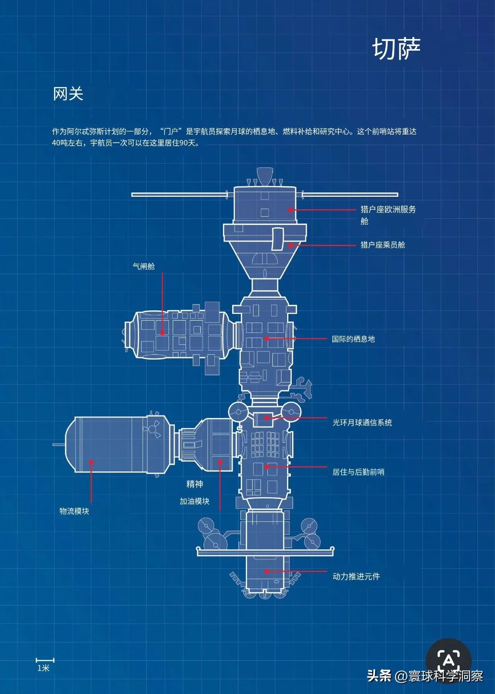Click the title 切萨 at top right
click(x=396, y=49)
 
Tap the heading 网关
click(x=68, y=94)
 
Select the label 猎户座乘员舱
click(x=383, y=245)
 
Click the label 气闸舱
click(x=144, y=266)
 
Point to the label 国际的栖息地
click(x=353, y=339)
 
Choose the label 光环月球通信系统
click(x=362, y=423)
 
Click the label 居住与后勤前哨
click(x=358, y=472)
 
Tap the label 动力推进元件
click(x=356, y=576)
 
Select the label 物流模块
click(x=74, y=511)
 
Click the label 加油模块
click(x=194, y=501)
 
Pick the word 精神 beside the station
click(x=195, y=484)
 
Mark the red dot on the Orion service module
click(x=290, y=210)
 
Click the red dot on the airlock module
click(x=163, y=333)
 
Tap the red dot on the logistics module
click(x=92, y=462)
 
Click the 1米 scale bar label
click(x=44, y=668)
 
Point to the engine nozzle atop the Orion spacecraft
click(x=265, y=176)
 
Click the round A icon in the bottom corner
click(x=449, y=660)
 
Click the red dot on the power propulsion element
click(x=267, y=571)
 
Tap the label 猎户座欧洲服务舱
click(x=388, y=215)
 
